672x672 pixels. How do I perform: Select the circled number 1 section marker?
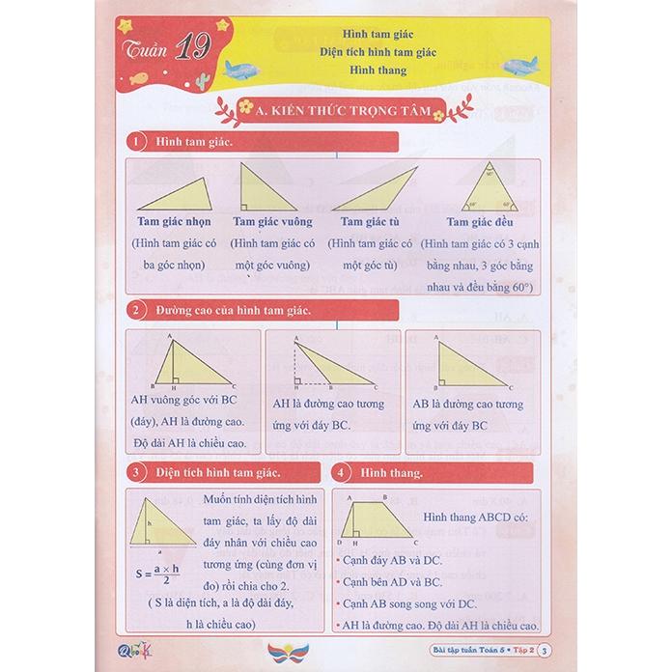tap(138, 143)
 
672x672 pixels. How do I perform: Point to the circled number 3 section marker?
tap(138, 474)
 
